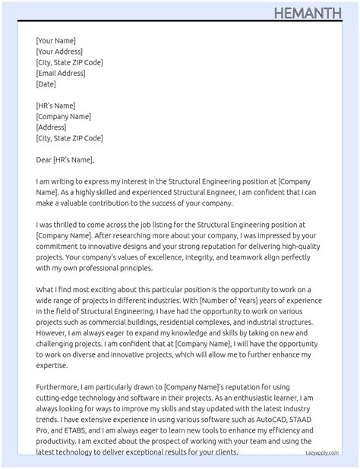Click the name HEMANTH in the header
point(314,13)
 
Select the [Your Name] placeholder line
point(55,41)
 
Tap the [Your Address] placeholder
point(60,52)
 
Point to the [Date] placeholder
point(46,84)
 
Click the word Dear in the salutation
point(43,160)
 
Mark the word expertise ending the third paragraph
point(54,366)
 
